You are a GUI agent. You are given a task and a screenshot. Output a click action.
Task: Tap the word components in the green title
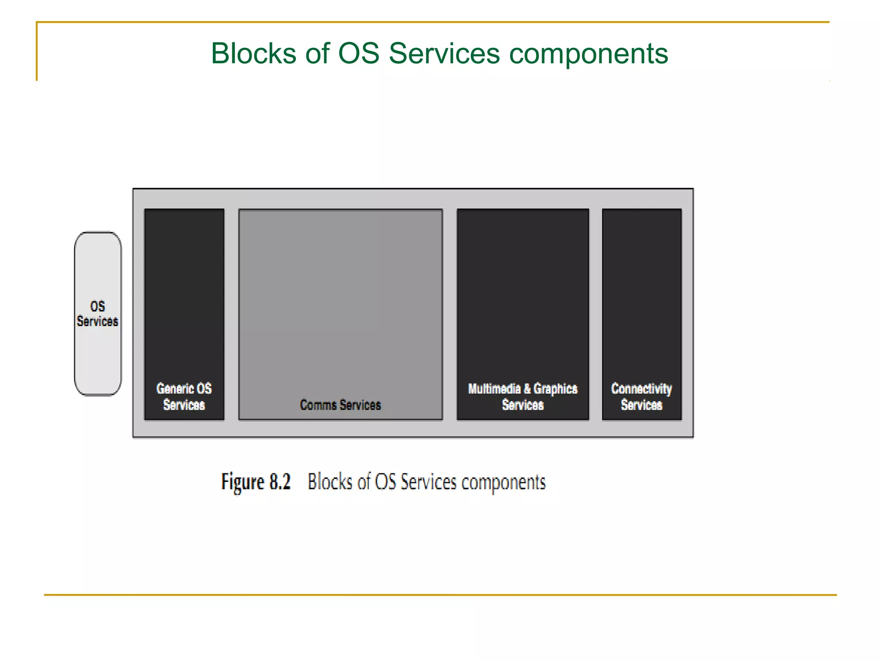[x=588, y=54]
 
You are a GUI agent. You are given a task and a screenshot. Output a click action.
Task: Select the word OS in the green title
[x=358, y=54]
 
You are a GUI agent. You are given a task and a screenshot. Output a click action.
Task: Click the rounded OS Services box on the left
[x=98, y=314]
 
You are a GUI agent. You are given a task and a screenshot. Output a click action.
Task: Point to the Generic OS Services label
[x=184, y=396]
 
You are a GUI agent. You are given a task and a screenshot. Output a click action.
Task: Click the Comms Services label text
[x=340, y=405]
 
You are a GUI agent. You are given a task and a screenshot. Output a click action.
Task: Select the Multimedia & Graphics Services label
[x=523, y=396]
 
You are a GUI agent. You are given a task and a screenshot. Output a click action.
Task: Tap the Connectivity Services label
[x=641, y=396]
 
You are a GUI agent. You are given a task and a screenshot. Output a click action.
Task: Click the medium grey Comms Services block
[x=340, y=301]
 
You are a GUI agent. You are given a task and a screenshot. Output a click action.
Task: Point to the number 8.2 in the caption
[x=280, y=482]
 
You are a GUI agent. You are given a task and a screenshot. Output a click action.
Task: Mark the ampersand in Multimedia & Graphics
[x=527, y=389]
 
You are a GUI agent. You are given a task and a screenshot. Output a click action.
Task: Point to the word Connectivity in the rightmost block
[x=641, y=389]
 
